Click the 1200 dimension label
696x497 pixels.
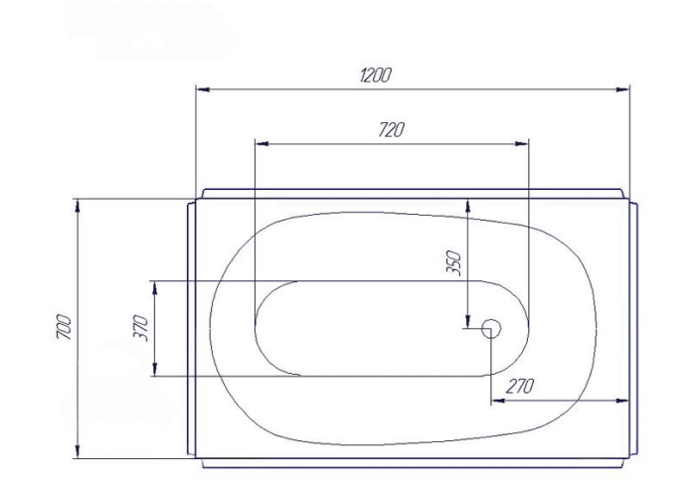click(376, 75)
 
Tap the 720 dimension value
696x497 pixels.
click(392, 130)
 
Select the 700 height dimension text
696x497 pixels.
click(64, 327)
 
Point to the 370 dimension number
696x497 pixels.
click(140, 327)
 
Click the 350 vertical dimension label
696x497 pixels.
click(453, 263)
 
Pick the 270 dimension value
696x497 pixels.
click(519, 387)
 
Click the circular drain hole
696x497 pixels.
click(491, 328)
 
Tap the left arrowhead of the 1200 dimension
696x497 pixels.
click(203, 89)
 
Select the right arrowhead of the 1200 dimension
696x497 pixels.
click(622, 89)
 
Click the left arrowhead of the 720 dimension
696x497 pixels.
click(262, 144)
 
